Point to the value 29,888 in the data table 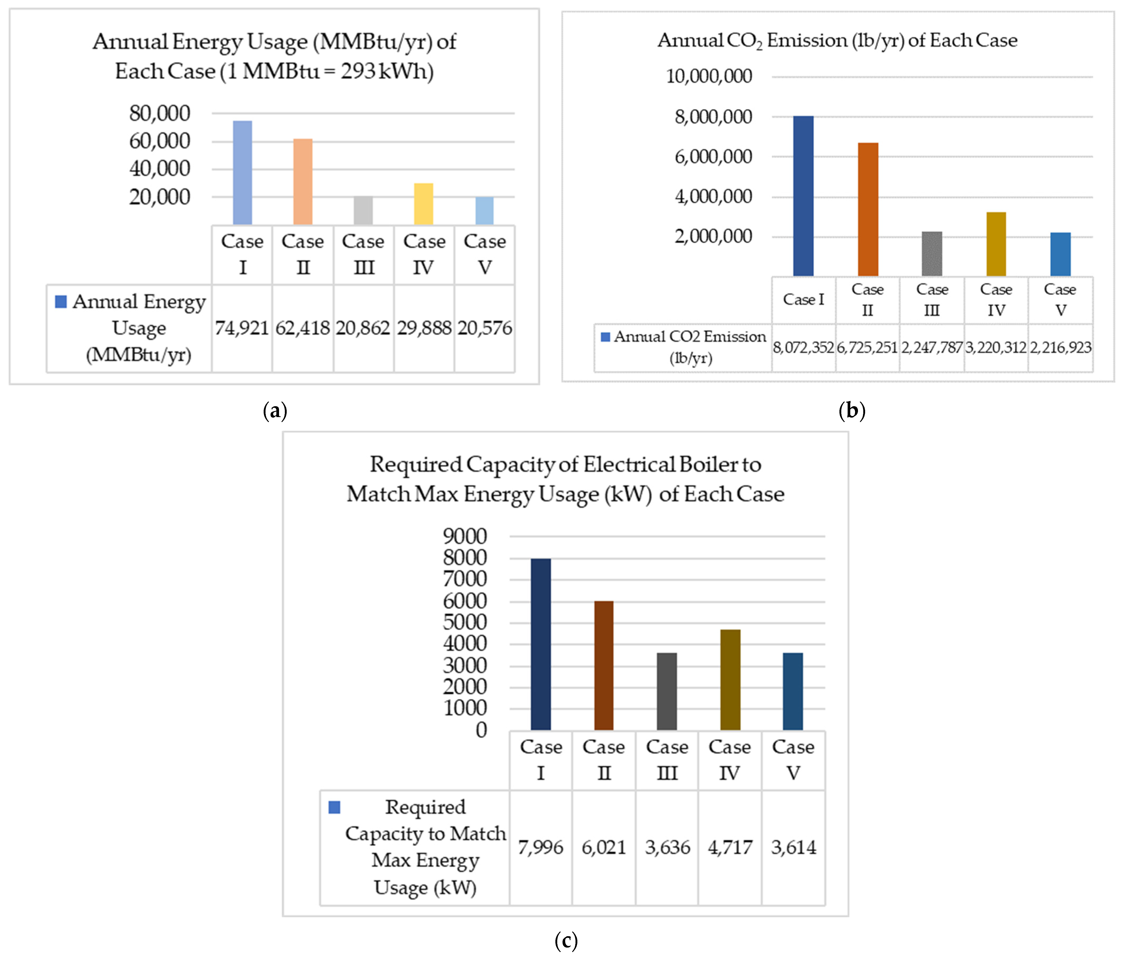click(424, 328)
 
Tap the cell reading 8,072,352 click(803, 348)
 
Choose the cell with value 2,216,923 click(1060, 348)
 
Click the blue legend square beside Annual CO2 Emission click(605, 337)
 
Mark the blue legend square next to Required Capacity click(334, 807)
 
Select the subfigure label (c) click(566, 940)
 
